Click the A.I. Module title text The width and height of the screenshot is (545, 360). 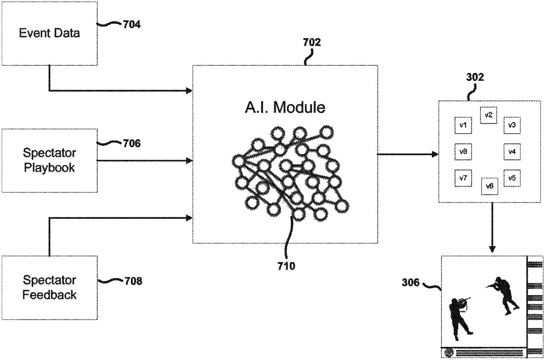[285, 108]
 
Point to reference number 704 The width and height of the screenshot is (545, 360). [132, 25]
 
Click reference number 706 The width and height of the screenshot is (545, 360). [132, 144]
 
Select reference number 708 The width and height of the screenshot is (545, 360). [133, 281]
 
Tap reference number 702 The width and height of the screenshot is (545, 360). [312, 43]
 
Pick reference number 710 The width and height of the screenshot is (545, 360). [286, 266]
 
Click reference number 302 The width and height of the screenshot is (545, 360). [475, 77]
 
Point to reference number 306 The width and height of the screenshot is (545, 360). [411, 282]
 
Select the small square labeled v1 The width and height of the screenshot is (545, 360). [463, 125]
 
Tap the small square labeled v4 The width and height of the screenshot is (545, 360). [512, 151]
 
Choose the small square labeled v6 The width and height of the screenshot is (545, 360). [489, 186]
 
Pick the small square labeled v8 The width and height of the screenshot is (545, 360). [463, 151]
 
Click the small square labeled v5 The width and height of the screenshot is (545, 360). [512, 178]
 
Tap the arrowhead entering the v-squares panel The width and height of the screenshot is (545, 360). [435, 154]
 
